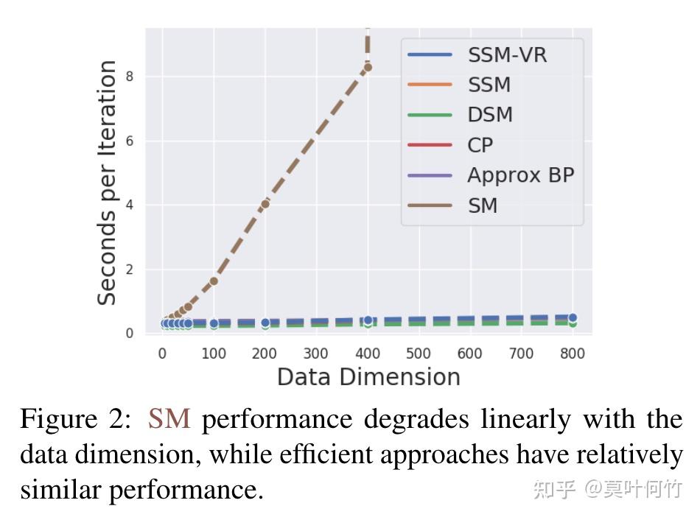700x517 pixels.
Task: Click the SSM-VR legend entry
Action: click(486, 54)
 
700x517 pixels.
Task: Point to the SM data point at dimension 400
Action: click(367, 67)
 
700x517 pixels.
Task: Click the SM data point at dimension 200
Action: click(265, 203)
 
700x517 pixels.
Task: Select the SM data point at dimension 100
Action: click(214, 281)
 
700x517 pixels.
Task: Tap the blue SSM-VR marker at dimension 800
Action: click(572, 317)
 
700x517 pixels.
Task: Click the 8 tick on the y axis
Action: click(129, 77)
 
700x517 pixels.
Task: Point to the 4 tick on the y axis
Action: click(129, 205)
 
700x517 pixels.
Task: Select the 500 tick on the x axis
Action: click(419, 354)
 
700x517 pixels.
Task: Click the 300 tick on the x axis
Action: click(316, 354)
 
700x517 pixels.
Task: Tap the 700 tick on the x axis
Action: click(521, 354)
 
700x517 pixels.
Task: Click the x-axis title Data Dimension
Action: click(368, 377)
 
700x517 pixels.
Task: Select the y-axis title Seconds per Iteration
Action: click(108, 182)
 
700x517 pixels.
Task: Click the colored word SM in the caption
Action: click(169, 420)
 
